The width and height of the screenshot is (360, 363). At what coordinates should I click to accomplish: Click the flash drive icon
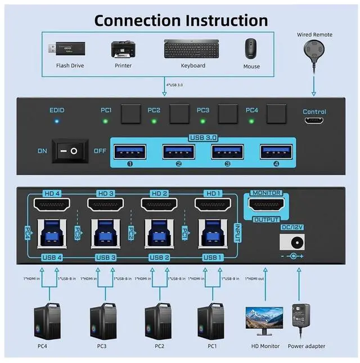click(69, 48)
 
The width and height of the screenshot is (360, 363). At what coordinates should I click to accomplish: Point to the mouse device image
click(251, 48)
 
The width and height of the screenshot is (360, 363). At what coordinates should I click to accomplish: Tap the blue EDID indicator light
click(57, 121)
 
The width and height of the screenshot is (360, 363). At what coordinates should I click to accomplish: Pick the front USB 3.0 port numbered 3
click(227, 152)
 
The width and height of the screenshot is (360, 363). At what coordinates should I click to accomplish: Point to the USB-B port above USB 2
click(159, 235)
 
